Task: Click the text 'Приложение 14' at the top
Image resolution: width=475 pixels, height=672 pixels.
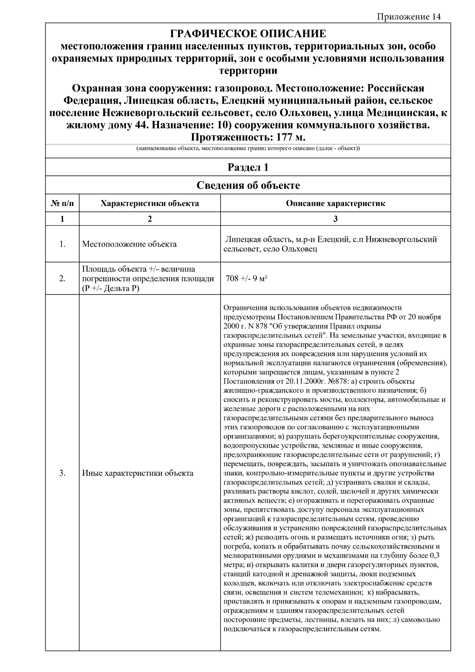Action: pos(408,17)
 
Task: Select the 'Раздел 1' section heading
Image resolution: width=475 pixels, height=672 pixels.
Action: pos(248,167)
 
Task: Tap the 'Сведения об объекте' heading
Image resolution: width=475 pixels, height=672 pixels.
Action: pos(248,185)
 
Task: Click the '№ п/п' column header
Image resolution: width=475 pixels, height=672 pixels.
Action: pos(62,204)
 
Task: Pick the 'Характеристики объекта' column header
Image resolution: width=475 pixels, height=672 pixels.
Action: pos(150,204)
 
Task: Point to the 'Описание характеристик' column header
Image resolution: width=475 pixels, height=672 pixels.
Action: pos(335,204)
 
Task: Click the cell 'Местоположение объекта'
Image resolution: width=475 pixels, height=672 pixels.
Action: pos(129,244)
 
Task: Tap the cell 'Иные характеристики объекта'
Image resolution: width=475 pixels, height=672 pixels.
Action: pos(138,473)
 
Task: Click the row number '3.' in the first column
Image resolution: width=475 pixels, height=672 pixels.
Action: pos(62,473)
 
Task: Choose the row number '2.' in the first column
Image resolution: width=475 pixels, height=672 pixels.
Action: pos(62,279)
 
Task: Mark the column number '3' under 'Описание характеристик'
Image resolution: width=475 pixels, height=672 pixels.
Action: pos(335,219)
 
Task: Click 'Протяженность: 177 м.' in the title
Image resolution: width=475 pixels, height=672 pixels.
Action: pos(248,137)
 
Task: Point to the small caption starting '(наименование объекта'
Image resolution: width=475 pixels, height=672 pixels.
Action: pos(248,149)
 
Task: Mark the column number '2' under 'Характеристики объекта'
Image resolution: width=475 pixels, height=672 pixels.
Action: pos(150,219)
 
